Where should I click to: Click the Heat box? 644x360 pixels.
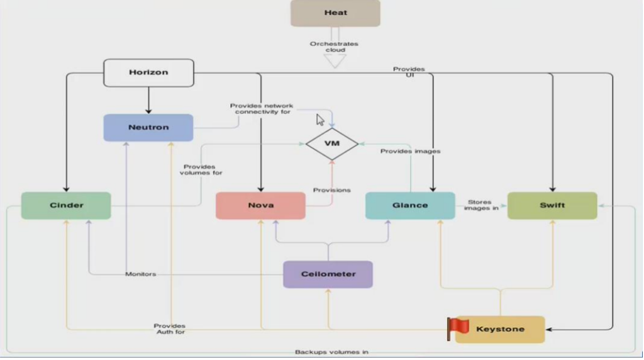click(x=335, y=13)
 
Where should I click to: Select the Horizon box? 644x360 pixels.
click(x=148, y=73)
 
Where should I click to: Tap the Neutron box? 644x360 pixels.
click(x=148, y=127)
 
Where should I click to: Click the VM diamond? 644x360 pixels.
click(x=332, y=143)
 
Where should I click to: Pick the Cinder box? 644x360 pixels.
click(x=66, y=205)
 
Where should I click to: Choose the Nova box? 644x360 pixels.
click(x=260, y=205)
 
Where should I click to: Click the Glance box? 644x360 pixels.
click(x=410, y=205)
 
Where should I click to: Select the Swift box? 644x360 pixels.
click(x=552, y=205)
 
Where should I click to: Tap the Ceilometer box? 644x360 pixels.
click(x=328, y=274)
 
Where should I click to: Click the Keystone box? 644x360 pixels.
click(x=500, y=329)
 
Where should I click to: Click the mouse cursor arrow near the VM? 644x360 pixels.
click(x=320, y=120)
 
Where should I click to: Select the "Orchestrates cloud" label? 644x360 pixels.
click(x=335, y=47)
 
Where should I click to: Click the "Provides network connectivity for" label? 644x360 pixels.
click(x=262, y=108)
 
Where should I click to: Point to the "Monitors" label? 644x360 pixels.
click(x=140, y=274)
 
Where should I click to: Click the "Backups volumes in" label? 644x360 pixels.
click(x=331, y=352)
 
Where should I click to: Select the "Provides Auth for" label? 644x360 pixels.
click(x=170, y=329)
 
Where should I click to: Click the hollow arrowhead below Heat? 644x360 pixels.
click(x=335, y=61)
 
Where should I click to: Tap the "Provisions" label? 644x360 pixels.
click(x=332, y=190)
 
